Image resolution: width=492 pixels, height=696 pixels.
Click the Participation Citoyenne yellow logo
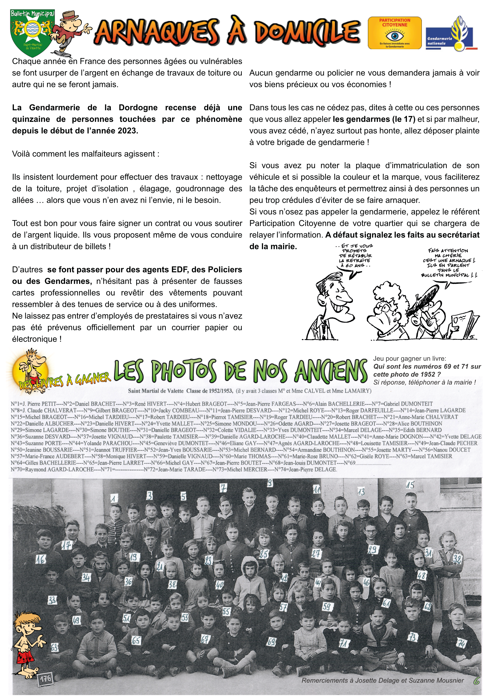[394, 33]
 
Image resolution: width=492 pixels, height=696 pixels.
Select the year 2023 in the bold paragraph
[127, 131]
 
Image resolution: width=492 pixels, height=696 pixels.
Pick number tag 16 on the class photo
[40, 559]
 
